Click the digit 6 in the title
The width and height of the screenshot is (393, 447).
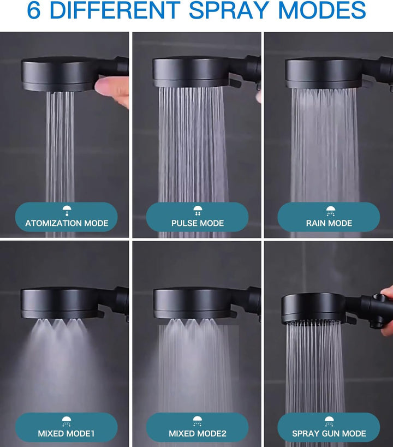click(34, 10)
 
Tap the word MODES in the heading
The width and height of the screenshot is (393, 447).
click(321, 10)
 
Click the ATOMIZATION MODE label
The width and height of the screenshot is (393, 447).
click(67, 223)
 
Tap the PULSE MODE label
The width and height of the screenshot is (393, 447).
click(198, 223)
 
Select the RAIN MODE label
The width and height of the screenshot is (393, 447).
click(329, 223)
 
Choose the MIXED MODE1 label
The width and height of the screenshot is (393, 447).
click(66, 433)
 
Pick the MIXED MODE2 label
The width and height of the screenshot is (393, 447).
click(198, 433)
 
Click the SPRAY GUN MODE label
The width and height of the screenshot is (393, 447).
click(329, 433)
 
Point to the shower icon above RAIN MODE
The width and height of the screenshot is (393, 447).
click(331, 211)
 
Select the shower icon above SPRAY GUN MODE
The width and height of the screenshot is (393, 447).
click(329, 421)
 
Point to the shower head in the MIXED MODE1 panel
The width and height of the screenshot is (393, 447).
click(74, 304)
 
